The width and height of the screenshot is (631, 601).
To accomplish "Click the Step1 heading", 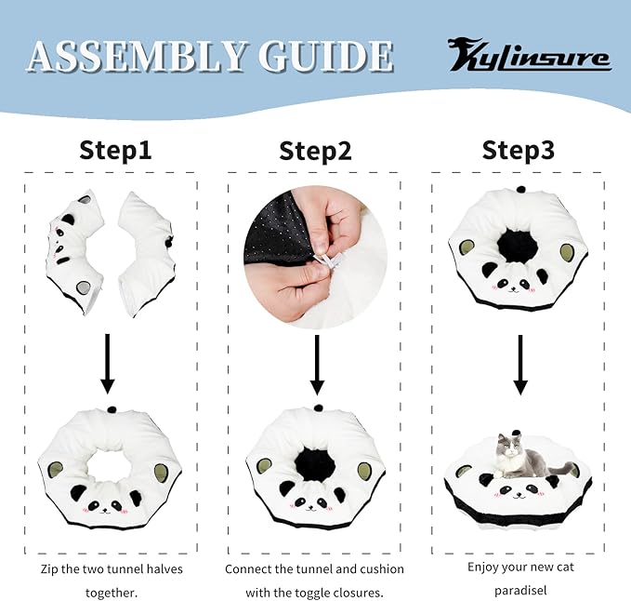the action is coord(115,151).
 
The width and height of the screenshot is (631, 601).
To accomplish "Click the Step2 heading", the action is coord(315,151).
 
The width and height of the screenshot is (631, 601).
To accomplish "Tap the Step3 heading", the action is coord(519,150).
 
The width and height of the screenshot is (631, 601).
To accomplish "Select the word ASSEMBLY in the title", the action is coord(137,57).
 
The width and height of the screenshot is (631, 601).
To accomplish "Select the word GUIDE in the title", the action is coord(326,57).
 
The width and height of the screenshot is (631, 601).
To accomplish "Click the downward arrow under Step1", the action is coord(107,364).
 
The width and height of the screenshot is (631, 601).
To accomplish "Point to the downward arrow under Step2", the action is coord(317,365).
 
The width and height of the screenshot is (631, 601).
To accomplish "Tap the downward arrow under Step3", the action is coord(520,365).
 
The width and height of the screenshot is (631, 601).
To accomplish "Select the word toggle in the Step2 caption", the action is coord(310,594).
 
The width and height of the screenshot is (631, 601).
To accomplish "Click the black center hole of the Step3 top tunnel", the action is coord(518,245).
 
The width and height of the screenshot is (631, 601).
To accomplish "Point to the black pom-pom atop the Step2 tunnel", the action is coord(319,408).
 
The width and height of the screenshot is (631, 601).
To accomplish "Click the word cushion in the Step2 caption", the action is coord(382,569).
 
